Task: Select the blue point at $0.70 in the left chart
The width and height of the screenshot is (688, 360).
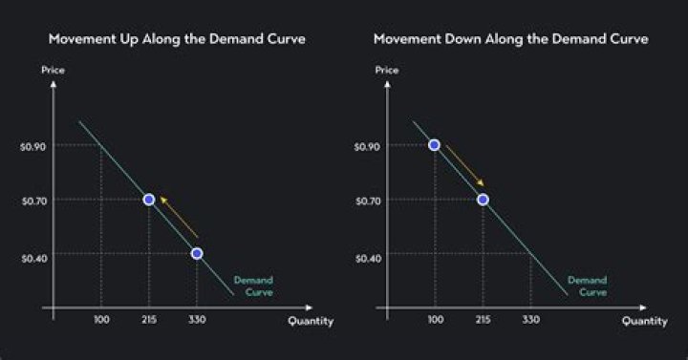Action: click(x=149, y=200)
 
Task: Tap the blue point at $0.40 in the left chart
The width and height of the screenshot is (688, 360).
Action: click(x=197, y=254)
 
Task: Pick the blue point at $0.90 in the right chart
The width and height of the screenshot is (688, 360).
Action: click(x=435, y=145)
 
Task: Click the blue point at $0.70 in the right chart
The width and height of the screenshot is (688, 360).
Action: click(x=483, y=200)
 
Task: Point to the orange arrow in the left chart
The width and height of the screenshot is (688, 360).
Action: click(x=179, y=217)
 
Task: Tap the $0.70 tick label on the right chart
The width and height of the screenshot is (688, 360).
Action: click(x=366, y=201)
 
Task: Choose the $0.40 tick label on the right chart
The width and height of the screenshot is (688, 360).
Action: click(x=366, y=255)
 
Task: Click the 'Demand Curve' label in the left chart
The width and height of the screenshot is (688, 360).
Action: click(x=253, y=286)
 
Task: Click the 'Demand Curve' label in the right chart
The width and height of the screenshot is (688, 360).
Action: click(x=587, y=286)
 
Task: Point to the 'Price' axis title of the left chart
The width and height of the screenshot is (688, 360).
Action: click(x=53, y=71)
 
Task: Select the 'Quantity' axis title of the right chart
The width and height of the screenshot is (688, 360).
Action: click(x=645, y=322)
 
